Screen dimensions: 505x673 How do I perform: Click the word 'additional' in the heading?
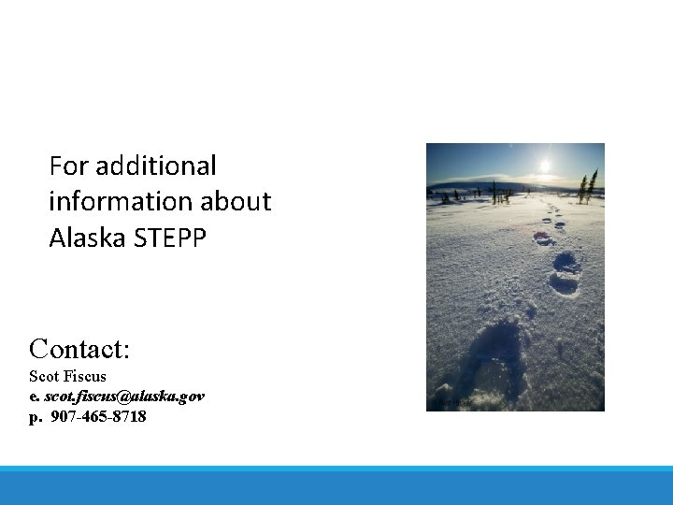tap(155, 166)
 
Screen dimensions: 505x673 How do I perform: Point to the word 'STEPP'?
tap(170, 238)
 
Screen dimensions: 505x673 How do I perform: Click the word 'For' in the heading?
tap(67, 166)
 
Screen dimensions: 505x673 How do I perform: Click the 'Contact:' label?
tap(79, 349)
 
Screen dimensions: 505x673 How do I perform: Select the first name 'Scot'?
tap(44, 376)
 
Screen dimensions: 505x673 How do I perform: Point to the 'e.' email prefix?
tap(35, 396)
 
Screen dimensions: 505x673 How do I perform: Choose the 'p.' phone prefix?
tap(36, 416)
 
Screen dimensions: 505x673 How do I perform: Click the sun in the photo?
tap(545, 166)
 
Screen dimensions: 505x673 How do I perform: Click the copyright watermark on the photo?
tap(451, 403)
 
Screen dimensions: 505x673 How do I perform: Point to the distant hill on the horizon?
tap(477, 184)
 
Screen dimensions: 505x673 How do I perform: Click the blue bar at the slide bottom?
tap(336, 486)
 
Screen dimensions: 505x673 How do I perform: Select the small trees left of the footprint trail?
tap(495, 195)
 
